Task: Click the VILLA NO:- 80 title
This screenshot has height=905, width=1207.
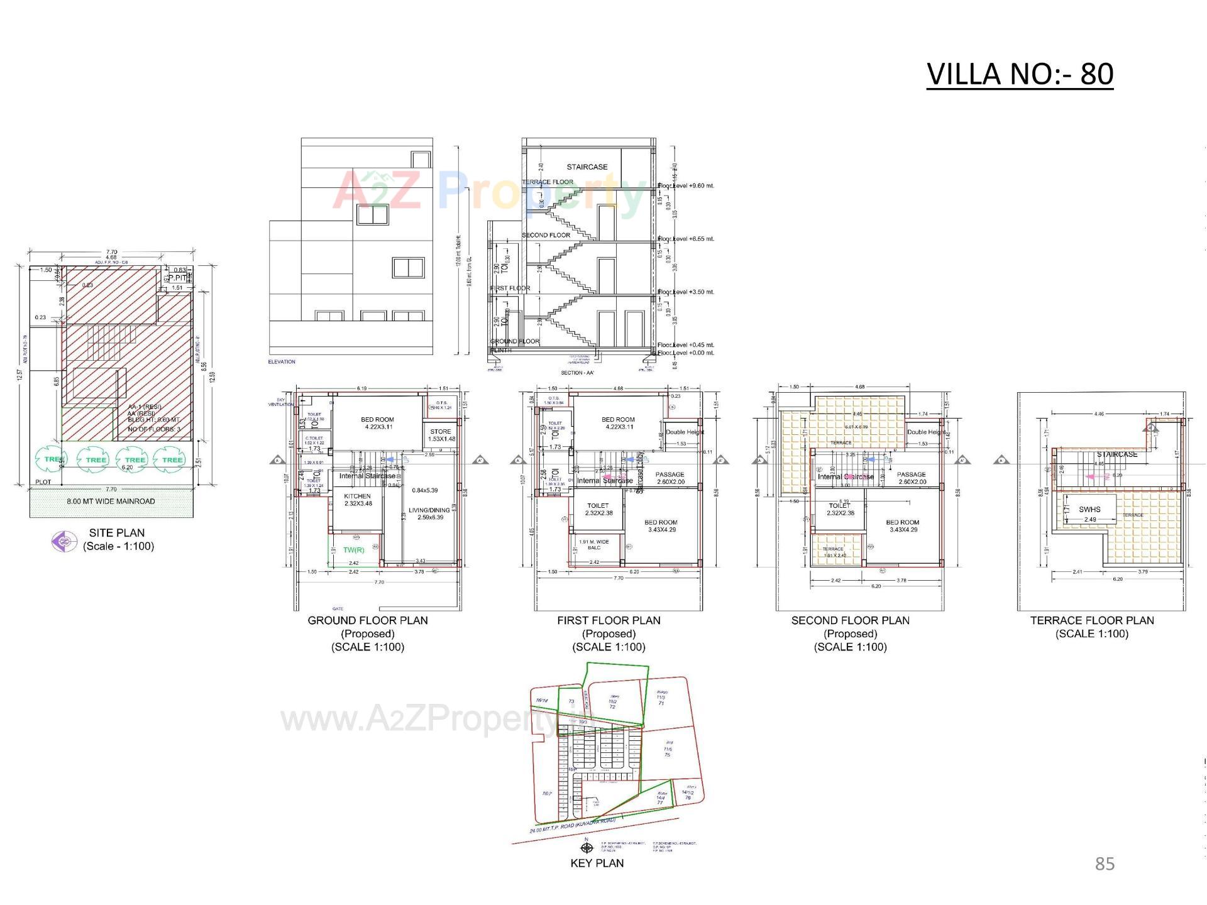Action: click(1020, 74)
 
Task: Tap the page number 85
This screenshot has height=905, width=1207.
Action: click(1105, 864)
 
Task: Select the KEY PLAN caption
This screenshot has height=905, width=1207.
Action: click(597, 863)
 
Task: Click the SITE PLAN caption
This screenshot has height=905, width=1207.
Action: click(117, 533)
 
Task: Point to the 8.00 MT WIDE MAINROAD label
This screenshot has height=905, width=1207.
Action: click(111, 502)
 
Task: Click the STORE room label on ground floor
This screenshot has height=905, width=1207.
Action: click(441, 432)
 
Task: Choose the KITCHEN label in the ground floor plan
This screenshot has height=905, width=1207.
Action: click(357, 496)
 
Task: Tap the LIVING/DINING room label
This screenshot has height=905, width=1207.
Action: click(429, 510)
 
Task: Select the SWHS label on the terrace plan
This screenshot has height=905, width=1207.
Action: click(1089, 509)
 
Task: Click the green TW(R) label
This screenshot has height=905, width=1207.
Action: click(353, 551)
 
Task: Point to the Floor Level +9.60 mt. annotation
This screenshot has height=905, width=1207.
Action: click(686, 186)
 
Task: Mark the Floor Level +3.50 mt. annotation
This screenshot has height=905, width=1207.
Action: click(686, 292)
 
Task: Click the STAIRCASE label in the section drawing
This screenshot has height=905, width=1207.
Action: click(587, 167)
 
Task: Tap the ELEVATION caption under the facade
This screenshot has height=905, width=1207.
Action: click(282, 362)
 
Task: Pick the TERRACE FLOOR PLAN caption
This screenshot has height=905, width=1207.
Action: click(1091, 620)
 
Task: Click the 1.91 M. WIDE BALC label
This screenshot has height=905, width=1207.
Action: click(594, 544)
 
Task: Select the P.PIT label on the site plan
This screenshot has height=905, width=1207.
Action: click(179, 277)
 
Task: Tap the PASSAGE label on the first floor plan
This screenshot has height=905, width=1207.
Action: click(670, 475)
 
